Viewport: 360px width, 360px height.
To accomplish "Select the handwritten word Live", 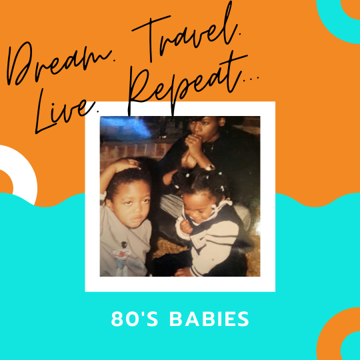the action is (67, 110).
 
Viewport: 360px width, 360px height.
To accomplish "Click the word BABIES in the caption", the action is (209, 319).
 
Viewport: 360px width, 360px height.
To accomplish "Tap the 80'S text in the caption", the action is (135, 319).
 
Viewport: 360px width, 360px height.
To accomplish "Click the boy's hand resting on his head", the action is (127, 164).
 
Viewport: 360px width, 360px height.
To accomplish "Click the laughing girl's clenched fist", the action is (187, 227).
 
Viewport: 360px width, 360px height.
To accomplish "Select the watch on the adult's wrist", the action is (209, 167).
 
